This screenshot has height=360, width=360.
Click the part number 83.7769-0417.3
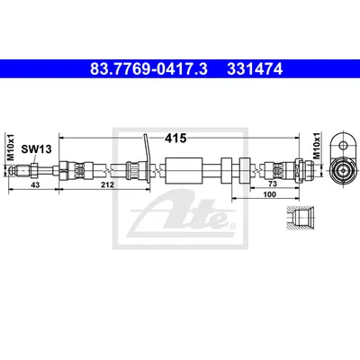click(x=148, y=69)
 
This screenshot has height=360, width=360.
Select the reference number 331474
click(x=255, y=69)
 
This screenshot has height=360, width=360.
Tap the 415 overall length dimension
click(x=175, y=138)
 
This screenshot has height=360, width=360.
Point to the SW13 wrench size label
click(x=36, y=149)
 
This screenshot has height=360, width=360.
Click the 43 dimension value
click(x=35, y=184)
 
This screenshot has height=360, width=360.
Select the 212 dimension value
click(x=107, y=184)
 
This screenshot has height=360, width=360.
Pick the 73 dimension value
click(x=273, y=184)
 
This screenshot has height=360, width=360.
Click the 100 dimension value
click(x=269, y=194)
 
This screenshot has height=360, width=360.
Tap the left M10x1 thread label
click(x=11, y=147)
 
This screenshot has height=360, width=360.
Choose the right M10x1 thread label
click(x=317, y=146)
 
